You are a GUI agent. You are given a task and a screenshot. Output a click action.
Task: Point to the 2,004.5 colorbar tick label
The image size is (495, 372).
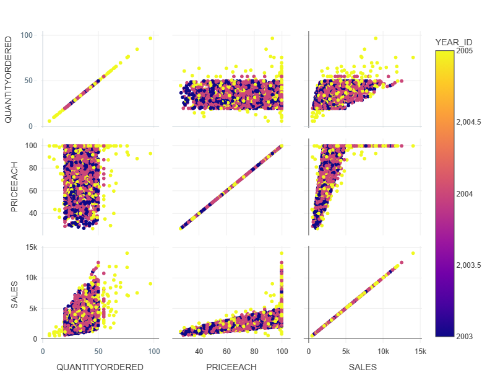pyautogui.click(x=468, y=123)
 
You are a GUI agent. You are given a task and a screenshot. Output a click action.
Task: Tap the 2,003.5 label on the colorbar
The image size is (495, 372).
pyautogui.click(x=468, y=265)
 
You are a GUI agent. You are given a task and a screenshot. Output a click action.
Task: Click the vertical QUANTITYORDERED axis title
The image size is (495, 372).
pyautogui.click(x=9, y=79)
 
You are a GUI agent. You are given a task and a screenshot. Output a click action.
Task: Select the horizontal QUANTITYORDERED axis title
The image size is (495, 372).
pyautogui.click(x=100, y=367)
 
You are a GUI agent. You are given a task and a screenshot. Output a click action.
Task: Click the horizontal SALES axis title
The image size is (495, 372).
pyautogui.click(x=363, y=367)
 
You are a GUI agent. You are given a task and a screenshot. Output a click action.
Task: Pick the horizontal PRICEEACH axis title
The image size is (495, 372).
pyautogui.click(x=231, y=367)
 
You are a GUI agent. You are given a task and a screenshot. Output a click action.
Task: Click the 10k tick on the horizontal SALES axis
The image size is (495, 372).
pyautogui.click(x=383, y=352)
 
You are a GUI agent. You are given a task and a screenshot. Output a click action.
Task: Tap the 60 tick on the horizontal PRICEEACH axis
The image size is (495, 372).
pyautogui.click(x=227, y=352)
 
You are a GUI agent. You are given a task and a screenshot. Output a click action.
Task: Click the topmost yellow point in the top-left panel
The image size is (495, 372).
pyautogui.click(x=150, y=38)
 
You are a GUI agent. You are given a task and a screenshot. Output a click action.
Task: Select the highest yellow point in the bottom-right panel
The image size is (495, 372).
pyautogui.click(x=413, y=253)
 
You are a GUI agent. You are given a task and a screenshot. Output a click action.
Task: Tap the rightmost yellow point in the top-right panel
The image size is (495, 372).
pyautogui.click(x=413, y=57)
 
